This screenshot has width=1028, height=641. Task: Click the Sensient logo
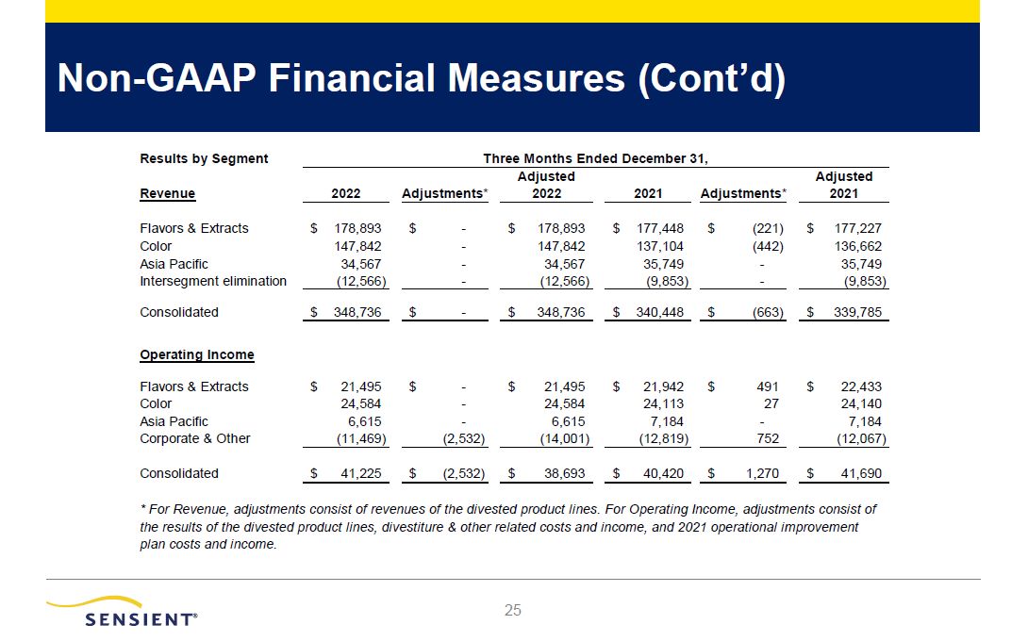click(x=123, y=611)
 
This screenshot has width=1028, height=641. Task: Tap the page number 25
click(x=513, y=611)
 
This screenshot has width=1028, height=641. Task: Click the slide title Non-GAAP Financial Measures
click(x=422, y=79)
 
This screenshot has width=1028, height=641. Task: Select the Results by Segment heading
click(x=204, y=158)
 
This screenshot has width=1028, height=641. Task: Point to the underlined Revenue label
click(x=168, y=193)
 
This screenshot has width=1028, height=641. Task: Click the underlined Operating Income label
click(x=197, y=354)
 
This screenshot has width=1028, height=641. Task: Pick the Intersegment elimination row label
click(x=213, y=281)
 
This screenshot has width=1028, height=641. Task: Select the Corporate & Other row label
click(x=195, y=438)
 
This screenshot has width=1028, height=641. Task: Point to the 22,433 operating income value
click(x=861, y=386)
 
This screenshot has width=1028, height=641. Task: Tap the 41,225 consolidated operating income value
click(x=360, y=473)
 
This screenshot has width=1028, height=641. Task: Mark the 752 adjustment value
click(x=774, y=438)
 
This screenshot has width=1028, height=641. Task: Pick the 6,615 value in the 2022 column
click(x=364, y=421)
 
